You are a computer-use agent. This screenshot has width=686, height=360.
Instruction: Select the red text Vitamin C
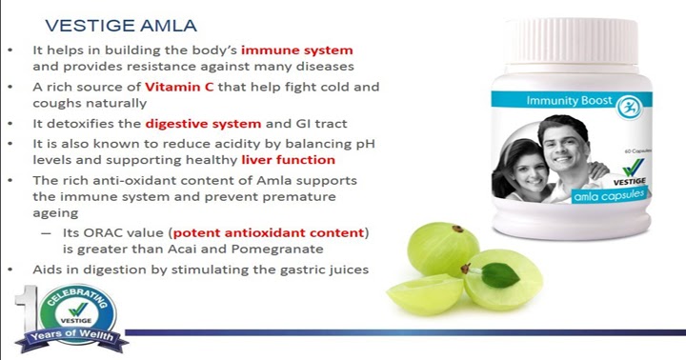tap(179, 87)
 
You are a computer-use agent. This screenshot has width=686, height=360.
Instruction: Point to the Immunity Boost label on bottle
tap(558, 97)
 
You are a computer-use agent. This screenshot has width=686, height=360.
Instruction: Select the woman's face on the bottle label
tap(523, 157)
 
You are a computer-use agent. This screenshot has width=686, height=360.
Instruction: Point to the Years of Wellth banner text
tap(67, 338)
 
